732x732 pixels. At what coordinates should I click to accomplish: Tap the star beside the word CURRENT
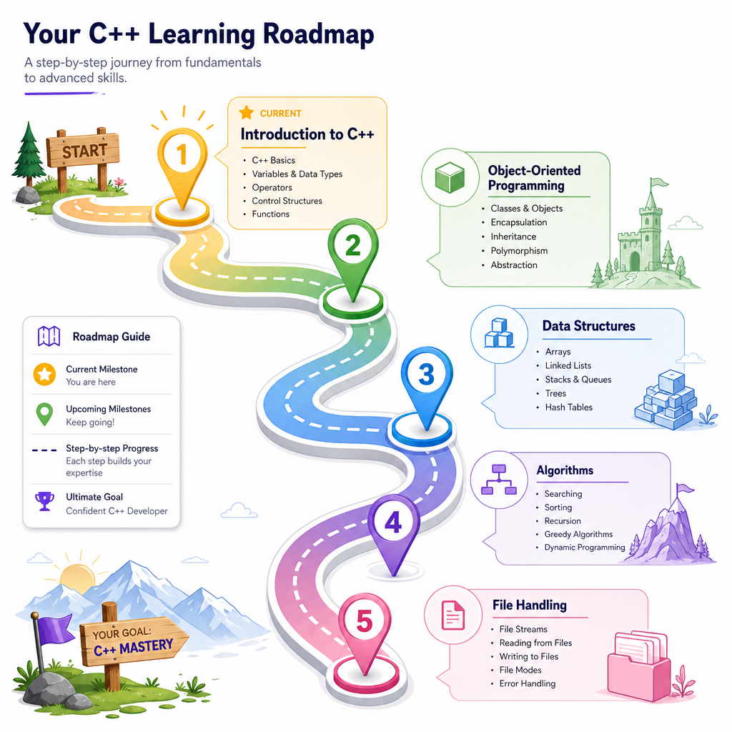[247, 112]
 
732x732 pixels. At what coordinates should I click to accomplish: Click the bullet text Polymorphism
[519, 251]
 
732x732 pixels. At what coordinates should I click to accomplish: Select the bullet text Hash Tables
[568, 407]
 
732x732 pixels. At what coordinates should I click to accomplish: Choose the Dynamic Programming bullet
[585, 547]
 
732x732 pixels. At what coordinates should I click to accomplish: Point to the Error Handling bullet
[528, 683]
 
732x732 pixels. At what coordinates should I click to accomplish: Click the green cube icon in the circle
[450, 177]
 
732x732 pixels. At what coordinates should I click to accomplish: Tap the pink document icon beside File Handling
[452, 615]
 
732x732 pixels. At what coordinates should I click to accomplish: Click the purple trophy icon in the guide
[45, 501]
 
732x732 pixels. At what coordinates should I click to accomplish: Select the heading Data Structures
[589, 326]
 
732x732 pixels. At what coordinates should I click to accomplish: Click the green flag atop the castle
[658, 182]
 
